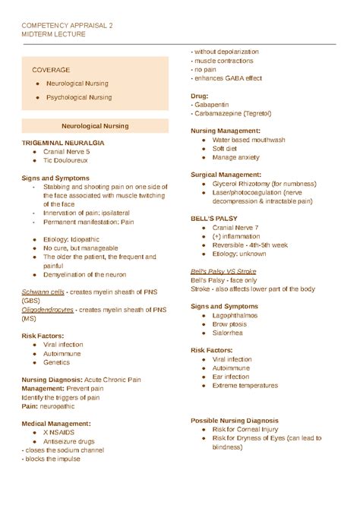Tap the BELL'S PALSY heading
[x=213, y=218]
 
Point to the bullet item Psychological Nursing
[x=78, y=97]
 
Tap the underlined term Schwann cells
[x=42, y=292]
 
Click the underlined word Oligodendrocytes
[x=49, y=310]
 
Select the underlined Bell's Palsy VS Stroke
[x=223, y=271]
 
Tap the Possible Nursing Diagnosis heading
[x=234, y=421]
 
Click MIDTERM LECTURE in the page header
[x=53, y=34]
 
